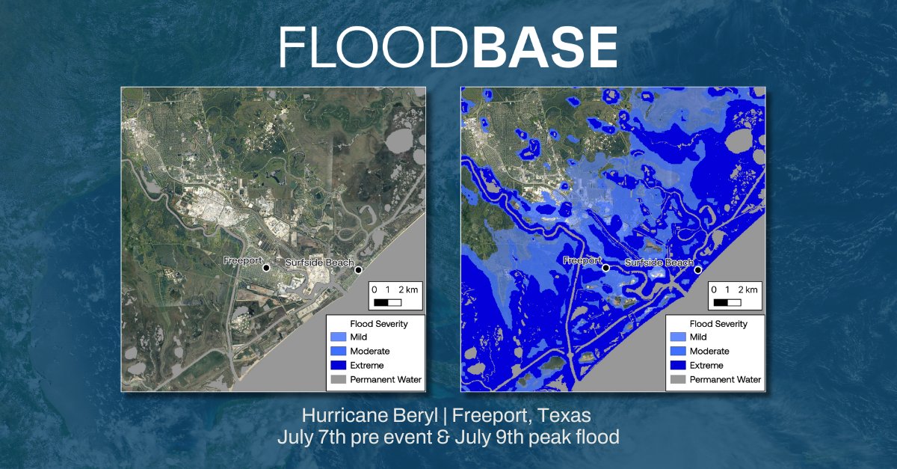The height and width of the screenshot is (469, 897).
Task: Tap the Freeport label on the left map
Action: (x=243, y=261)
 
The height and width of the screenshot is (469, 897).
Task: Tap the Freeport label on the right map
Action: (x=582, y=260)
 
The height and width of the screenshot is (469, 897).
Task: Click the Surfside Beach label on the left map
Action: (x=319, y=263)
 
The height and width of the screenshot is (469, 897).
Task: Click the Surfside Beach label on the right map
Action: (x=659, y=263)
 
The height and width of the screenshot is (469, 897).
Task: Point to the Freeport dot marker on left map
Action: (x=266, y=267)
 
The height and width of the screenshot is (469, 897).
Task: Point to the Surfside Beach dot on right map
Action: (x=698, y=270)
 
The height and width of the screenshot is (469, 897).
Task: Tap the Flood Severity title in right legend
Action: (x=715, y=324)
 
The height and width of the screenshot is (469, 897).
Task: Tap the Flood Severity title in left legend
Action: (x=377, y=324)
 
